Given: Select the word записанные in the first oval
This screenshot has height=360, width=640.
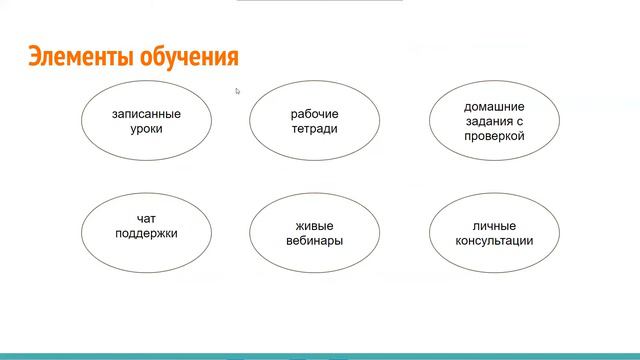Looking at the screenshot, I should [x=146, y=114].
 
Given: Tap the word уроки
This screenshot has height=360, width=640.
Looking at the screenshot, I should [x=146, y=129].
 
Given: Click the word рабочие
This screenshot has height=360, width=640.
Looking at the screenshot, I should [x=314, y=114].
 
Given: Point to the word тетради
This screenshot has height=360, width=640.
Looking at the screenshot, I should [x=314, y=129].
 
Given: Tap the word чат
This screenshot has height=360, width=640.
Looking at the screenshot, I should [x=146, y=219].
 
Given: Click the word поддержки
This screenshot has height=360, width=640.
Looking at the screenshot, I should [x=146, y=234].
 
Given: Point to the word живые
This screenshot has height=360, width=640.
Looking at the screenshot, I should [x=314, y=226].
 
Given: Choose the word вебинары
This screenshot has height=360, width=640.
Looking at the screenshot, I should [x=314, y=241].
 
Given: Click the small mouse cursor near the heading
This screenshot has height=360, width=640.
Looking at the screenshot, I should [x=237, y=91].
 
